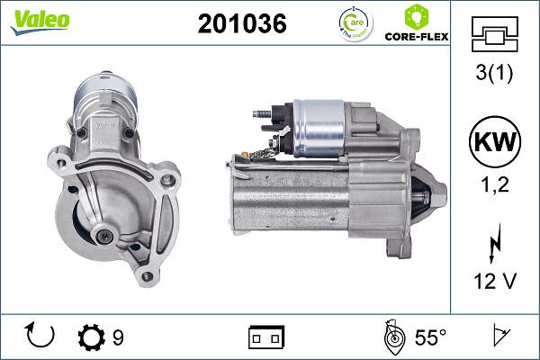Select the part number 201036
241,24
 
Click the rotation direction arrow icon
41,337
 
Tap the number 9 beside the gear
118,337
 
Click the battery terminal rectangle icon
265,337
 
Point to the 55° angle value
430,337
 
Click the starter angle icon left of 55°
392,337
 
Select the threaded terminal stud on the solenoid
262,115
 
